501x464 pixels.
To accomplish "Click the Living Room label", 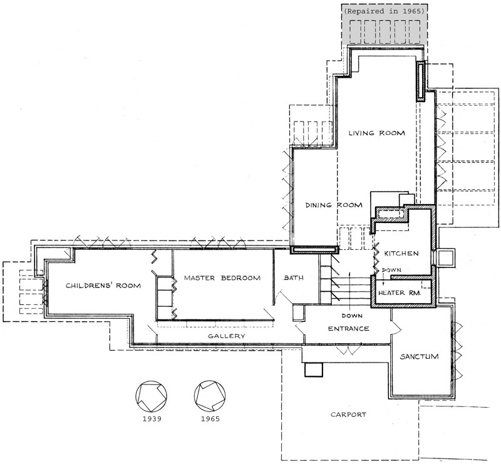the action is [x=376, y=133].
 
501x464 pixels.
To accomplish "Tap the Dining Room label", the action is [x=334, y=205].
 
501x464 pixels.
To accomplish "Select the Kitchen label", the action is [x=401, y=254].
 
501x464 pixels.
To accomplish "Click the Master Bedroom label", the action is [x=222, y=278].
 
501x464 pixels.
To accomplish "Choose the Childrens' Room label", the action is [x=103, y=286].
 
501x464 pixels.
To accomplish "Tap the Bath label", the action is [x=294, y=278].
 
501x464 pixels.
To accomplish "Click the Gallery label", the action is [x=227, y=336].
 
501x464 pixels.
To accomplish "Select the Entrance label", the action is [x=349, y=329].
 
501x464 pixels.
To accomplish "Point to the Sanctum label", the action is [x=419, y=357].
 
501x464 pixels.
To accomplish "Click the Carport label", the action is [x=348, y=415].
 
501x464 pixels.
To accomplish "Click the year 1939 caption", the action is [x=152, y=419].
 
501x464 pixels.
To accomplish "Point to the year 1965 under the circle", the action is [x=210, y=419].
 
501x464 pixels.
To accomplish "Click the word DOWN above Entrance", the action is [x=352, y=316].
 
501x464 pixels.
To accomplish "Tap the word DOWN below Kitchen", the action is [x=391, y=270].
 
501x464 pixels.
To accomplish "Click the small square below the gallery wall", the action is [x=314, y=369].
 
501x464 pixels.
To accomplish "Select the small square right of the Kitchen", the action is [x=446, y=257].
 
